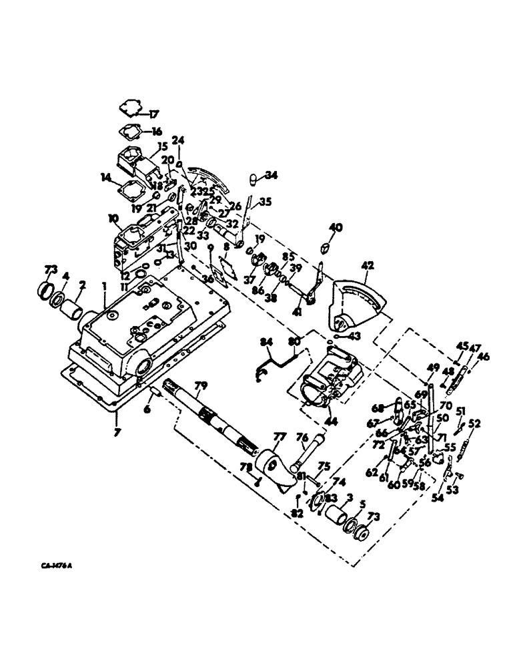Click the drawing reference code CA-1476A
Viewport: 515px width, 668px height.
tap(55, 566)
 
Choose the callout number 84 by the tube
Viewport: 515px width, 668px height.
tap(266, 343)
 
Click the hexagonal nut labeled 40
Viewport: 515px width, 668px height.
tap(326, 247)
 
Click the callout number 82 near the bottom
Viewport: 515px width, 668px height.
tap(296, 512)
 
